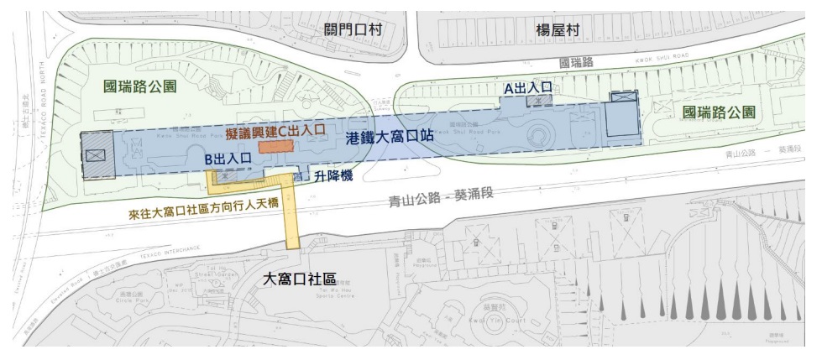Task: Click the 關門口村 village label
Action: [353, 29]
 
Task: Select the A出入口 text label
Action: [527, 86]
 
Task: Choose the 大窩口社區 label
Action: [301, 278]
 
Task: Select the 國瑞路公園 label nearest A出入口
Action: [719, 112]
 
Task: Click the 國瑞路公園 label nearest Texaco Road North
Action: [139, 85]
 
